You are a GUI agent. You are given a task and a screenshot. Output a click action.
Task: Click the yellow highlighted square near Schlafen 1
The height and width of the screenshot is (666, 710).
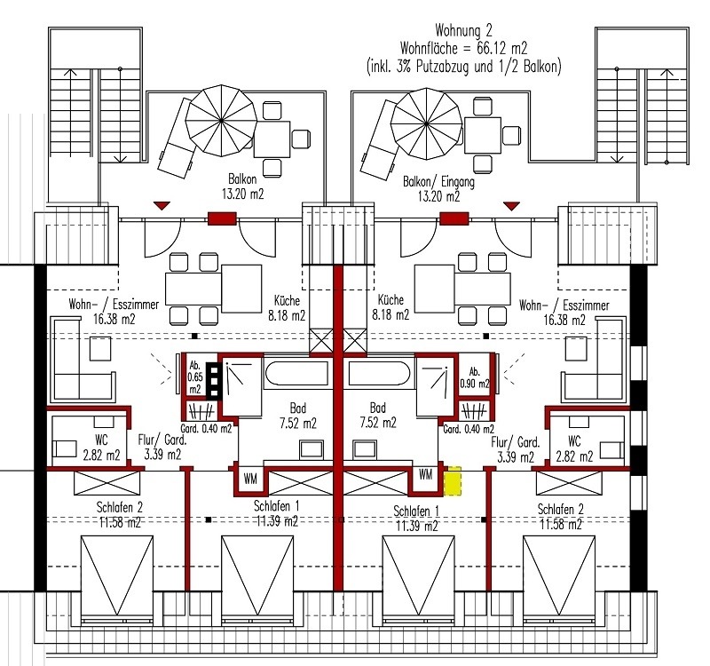pos(453,481)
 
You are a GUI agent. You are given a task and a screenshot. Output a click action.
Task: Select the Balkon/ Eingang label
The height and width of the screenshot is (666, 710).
pos(438,181)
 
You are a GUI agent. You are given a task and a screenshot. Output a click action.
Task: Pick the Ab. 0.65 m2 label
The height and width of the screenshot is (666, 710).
pos(194,377)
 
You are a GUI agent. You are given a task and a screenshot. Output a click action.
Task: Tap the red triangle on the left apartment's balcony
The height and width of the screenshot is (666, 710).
pos(161,205)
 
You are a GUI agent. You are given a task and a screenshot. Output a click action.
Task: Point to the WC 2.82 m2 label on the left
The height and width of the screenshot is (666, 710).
pos(100,448)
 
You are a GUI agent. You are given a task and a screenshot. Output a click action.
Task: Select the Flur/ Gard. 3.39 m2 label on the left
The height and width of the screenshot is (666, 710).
pos(160,448)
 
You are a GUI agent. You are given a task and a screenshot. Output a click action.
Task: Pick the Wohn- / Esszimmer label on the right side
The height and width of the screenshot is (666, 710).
pos(565,311)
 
